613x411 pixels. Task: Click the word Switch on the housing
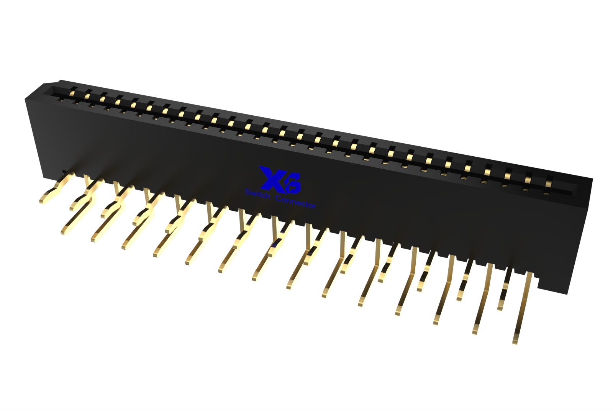257,194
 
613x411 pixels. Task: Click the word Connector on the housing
295,202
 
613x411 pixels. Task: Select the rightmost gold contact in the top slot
548,182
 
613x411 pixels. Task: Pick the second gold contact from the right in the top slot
528,178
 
